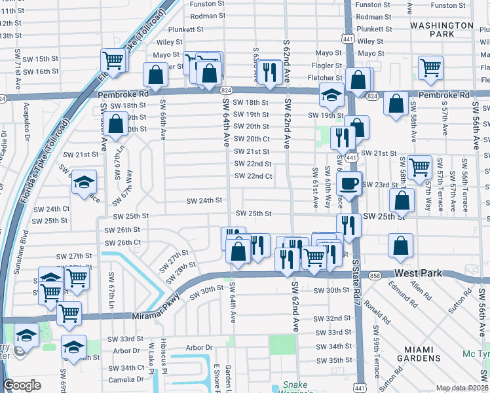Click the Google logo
click(22, 385)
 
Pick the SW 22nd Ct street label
click(254, 176)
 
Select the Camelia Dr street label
click(126, 380)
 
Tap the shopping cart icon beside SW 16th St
click(113, 61)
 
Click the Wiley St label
click(169, 42)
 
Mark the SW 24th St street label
click(204, 200)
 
